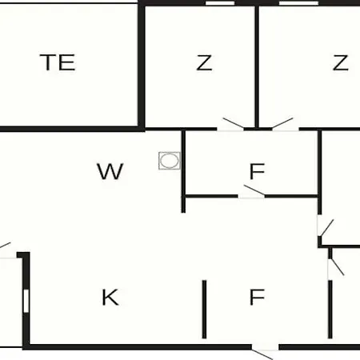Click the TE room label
(x=58, y=62)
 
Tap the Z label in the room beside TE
(x=204, y=62)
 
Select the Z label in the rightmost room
(x=341, y=62)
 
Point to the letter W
(x=110, y=171)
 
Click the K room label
(x=110, y=297)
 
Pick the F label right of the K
(x=257, y=297)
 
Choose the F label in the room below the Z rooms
(x=257, y=171)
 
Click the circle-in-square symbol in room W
(x=170, y=161)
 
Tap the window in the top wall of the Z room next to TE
(x=220, y=3)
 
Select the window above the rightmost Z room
(x=298, y=3)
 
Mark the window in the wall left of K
(x=26, y=301)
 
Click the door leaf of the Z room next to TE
(x=234, y=122)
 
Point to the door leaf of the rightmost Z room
(x=282, y=123)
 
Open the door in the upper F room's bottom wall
(x=254, y=190)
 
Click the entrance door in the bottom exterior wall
(x=262, y=354)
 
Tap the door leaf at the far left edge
(x=5, y=245)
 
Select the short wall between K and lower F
(x=204, y=310)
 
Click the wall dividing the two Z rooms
(x=257, y=66)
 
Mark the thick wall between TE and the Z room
(x=142, y=66)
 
